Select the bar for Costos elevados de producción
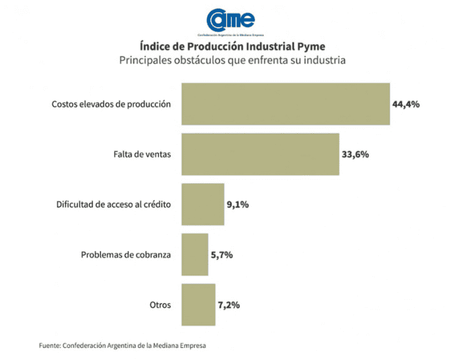pos(286,104)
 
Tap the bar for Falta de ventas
pos(260,154)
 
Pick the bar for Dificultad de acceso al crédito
pos(203,204)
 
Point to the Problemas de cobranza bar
pos(195,254)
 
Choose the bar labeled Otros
pos(199,304)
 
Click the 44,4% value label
pos(406,104)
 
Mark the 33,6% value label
pos(356,154)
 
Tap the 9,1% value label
pos(238,204)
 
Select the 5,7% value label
pos(221,255)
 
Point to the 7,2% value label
pos(228,305)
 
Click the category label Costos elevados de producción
pos(111,104)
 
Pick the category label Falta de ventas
pos(142,154)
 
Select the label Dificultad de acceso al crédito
pos(114,204)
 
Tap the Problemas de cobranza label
pos(126,255)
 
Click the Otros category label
pos(160,305)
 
